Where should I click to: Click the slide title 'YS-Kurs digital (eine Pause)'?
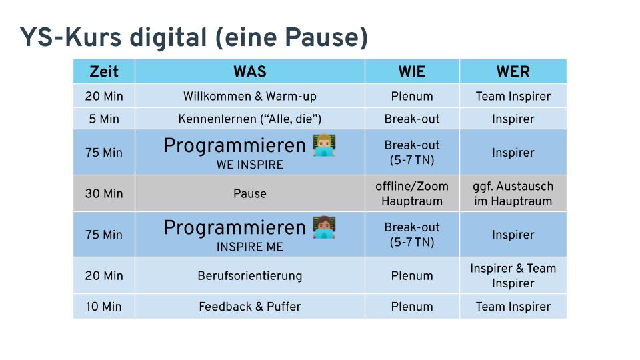193,37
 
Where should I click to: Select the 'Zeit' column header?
104,71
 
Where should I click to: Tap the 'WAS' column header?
250,71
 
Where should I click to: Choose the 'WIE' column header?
412,71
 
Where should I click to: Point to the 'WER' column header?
513,71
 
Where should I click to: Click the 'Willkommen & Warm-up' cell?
250,97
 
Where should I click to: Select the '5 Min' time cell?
104,119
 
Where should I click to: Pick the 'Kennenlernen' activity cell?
250,119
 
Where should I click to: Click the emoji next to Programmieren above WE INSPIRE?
324,145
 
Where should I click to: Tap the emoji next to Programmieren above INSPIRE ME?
324,227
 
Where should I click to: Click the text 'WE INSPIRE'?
250,165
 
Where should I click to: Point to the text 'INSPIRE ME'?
250,247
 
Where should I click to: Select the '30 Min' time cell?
104,194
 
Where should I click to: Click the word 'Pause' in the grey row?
250,194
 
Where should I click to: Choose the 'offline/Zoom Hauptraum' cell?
412,194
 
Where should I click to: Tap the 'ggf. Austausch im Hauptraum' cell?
513,194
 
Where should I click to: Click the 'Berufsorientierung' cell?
250,276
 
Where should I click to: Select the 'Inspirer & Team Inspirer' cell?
513,276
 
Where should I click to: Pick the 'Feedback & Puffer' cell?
250,307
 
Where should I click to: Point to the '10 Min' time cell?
104,307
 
